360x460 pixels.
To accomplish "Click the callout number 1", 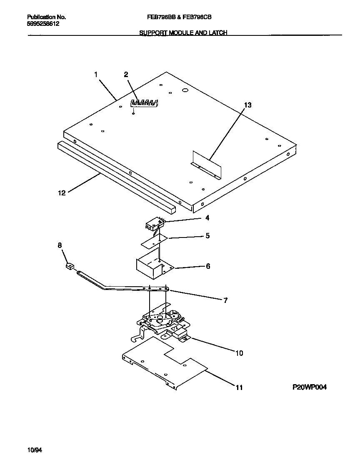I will point(96,75).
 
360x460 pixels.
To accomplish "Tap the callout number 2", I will point(126,75).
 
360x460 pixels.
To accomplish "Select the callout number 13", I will point(247,105).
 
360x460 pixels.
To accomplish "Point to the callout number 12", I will point(62,193).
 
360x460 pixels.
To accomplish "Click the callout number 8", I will point(60,245).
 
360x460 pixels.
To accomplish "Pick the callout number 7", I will point(225,300).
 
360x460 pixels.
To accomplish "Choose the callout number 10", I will point(239,353).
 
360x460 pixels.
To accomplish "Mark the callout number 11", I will point(239,387).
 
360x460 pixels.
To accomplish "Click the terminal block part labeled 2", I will point(145,103).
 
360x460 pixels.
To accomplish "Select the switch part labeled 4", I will point(155,225).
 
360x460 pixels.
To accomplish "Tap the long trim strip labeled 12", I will point(117,175).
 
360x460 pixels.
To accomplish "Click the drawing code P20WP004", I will point(309,387).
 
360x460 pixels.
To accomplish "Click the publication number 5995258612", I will point(43,24).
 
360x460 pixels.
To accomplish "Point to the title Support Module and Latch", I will point(183,33).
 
